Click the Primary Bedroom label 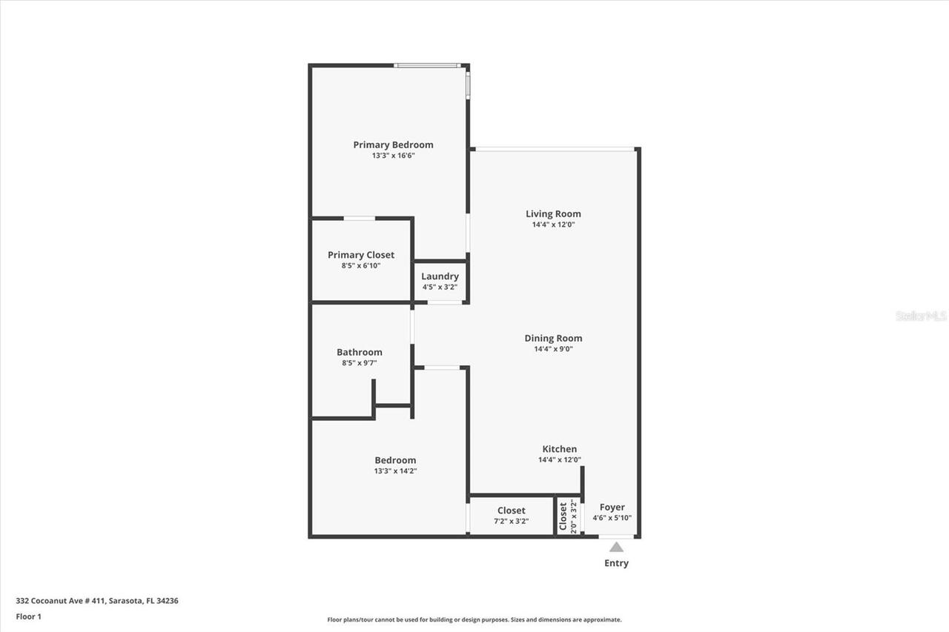(393, 145)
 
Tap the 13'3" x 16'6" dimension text (393, 156)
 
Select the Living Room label (553, 214)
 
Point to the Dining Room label (553, 339)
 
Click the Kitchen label (559, 449)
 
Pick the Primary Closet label (361, 255)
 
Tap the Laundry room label (440, 276)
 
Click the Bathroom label (360, 353)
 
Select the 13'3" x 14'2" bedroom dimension (395, 470)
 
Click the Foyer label (612, 508)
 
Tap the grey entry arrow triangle (616, 548)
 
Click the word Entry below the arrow (616, 563)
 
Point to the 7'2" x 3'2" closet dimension (512, 521)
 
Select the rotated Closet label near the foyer (563, 516)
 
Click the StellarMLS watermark (921, 316)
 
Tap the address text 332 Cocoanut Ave (96, 601)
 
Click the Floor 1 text (28, 616)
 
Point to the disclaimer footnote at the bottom (474, 619)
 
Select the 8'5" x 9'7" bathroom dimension (360, 363)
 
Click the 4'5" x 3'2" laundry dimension (440, 287)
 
